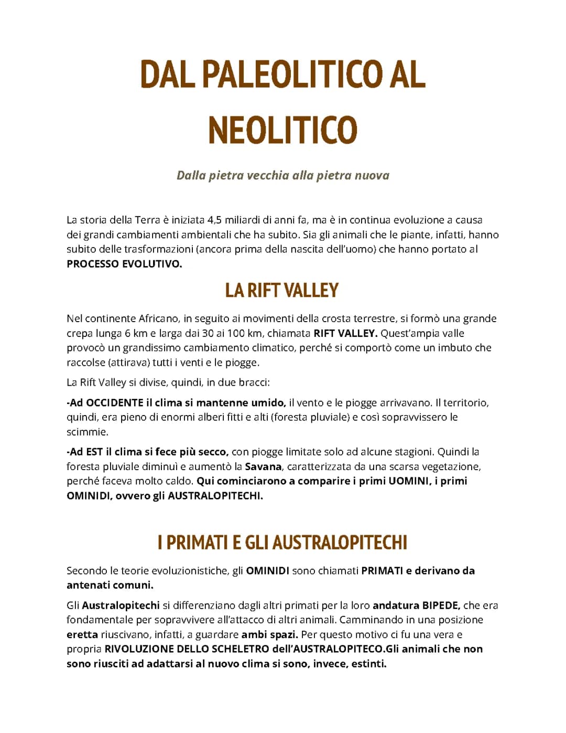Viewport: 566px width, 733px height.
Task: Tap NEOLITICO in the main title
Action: (x=282, y=130)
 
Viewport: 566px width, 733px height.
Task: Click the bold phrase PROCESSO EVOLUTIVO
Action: (x=124, y=264)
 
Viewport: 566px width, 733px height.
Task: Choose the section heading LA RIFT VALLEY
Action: (x=282, y=290)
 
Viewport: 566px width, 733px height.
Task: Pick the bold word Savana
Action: (x=264, y=466)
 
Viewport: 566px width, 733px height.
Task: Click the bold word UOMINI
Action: (x=408, y=481)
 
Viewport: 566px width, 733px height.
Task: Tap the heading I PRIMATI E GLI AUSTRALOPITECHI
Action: (x=282, y=543)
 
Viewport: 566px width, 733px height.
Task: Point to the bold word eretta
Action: (x=82, y=634)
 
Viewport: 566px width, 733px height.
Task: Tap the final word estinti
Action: (x=368, y=664)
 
